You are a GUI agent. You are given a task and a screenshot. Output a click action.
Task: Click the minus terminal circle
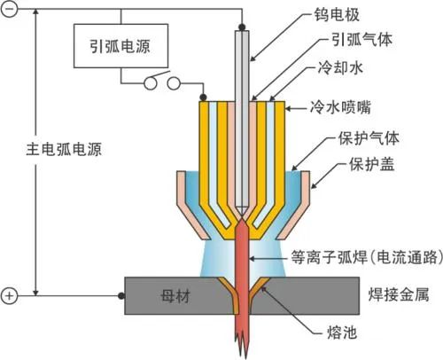[x=9, y=9]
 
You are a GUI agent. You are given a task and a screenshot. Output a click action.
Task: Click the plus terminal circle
[x=9, y=295]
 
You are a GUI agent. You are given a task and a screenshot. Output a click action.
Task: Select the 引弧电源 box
[x=120, y=46]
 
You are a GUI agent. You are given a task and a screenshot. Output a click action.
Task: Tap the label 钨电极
[x=337, y=15]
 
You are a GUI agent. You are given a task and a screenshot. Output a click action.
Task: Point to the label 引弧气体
[x=361, y=40]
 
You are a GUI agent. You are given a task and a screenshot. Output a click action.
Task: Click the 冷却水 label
[x=340, y=68]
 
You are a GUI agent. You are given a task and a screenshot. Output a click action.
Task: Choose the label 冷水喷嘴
[x=340, y=107]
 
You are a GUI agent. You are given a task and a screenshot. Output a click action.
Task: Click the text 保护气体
[x=369, y=138]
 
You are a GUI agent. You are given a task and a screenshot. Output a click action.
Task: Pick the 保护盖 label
[x=372, y=164]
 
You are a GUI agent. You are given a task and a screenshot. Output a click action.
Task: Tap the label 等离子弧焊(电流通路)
[x=367, y=257]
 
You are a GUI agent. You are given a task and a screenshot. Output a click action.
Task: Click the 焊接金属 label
[x=399, y=294]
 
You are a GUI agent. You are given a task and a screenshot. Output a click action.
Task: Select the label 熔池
[x=342, y=333]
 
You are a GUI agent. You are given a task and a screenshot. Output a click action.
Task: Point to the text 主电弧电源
[x=64, y=149]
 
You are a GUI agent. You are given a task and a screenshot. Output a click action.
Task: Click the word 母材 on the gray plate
[x=175, y=296]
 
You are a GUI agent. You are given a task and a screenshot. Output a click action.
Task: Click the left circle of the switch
[x=150, y=83]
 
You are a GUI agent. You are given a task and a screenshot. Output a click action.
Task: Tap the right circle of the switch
[x=174, y=83]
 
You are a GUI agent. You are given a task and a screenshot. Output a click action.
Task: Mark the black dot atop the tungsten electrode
[x=242, y=27]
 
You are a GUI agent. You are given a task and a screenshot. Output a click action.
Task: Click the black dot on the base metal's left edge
[x=121, y=295]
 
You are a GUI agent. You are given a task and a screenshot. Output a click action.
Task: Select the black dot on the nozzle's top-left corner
[x=203, y=97]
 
